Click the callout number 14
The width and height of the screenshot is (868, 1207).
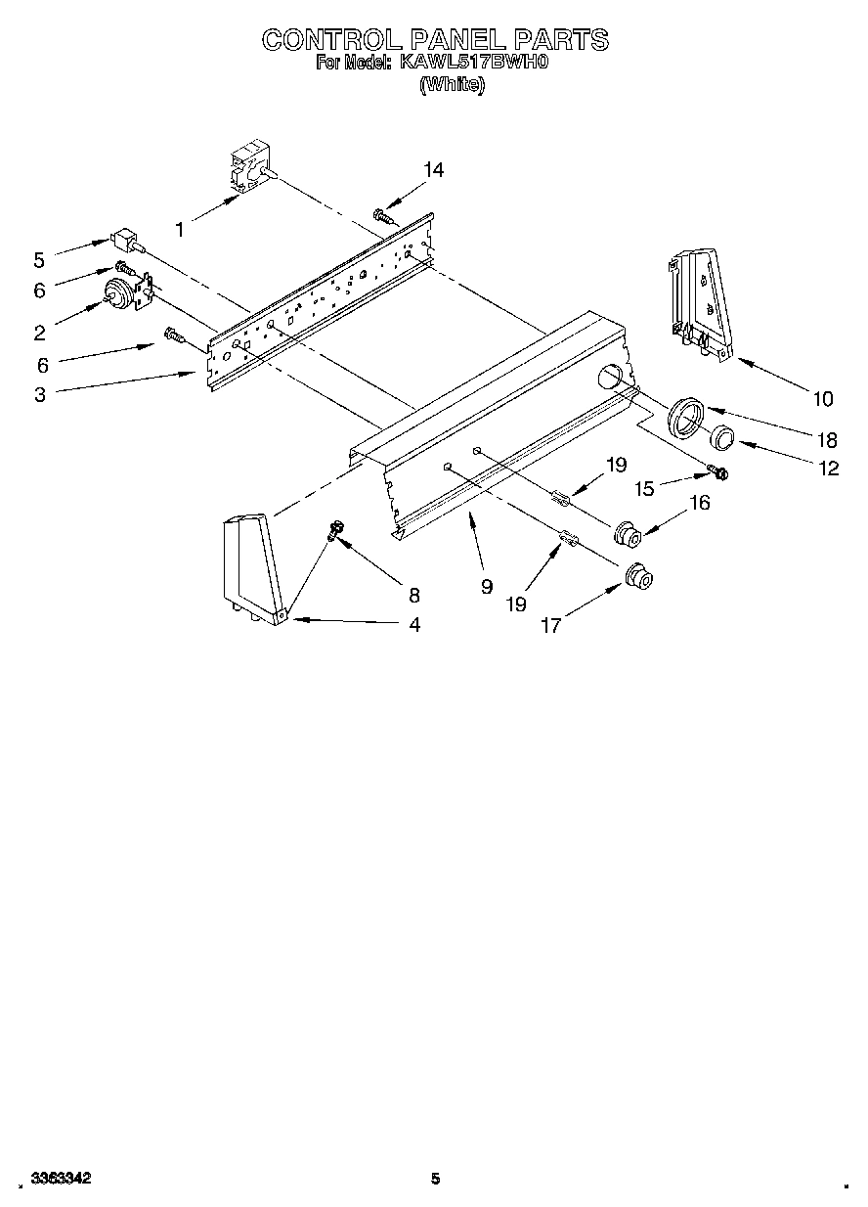pyautogui.click(x=433, y=170)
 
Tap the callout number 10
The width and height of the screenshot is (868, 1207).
pyautogui.click(x=822, y=398)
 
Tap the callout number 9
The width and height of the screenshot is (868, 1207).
pyautogui.click(x=485, y=587)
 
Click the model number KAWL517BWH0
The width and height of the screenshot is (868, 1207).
pyautogui.click(x=472, y=64)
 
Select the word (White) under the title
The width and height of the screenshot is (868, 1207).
pyautogui.click(x=452, y=84)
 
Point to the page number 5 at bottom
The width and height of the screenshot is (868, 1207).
pyautogui.click(x=436, y=1179)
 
